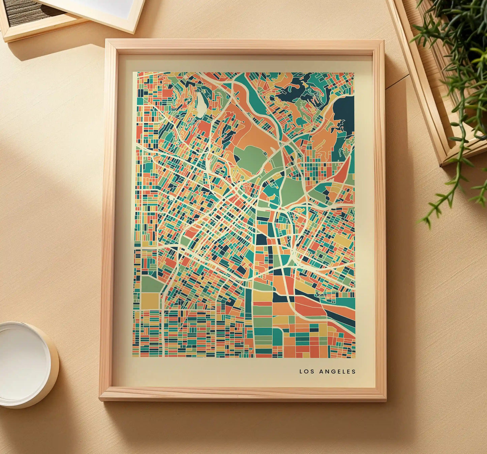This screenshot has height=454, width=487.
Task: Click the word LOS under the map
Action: click(307, 372)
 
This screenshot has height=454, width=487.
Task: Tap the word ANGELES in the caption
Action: click(337, 372)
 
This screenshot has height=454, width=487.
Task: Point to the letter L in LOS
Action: click(301, 372)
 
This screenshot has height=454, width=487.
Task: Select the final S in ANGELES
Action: click(354, 372)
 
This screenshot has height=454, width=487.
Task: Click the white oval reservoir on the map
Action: click(202, 105)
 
